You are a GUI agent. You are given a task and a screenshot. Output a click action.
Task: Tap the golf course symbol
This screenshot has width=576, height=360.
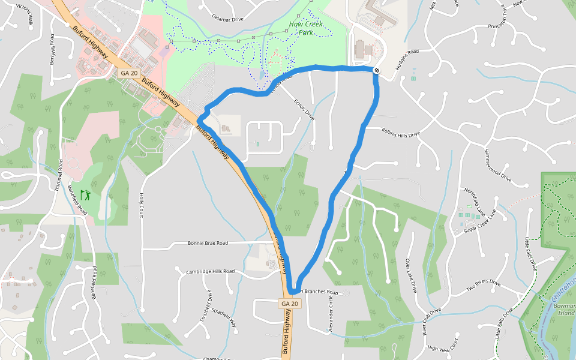click(85, 194)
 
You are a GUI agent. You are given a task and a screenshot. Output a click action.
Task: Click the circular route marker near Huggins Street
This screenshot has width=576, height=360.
click(376, 71)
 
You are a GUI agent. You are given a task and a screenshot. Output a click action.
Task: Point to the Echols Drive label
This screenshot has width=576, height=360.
click(304, 106)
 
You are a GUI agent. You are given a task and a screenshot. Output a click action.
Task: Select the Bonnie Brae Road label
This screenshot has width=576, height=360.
click(208, 244)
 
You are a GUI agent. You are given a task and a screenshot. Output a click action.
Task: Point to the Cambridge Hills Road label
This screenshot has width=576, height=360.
click(210, 271)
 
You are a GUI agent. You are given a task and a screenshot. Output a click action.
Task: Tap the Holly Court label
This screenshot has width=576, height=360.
click(142, 204)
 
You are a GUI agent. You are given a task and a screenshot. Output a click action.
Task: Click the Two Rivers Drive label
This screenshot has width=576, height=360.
click(483, 286)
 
